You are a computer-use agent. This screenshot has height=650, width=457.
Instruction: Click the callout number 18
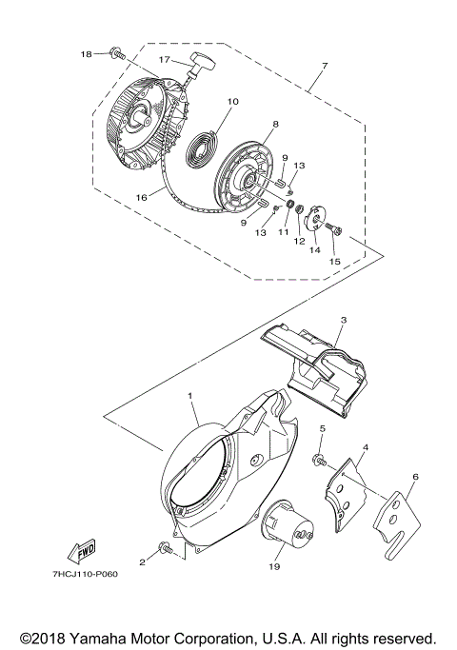coord(88,54)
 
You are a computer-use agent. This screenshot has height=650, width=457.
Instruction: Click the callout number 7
coord(325,66)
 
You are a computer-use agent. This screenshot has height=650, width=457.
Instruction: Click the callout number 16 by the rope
coord(142,198)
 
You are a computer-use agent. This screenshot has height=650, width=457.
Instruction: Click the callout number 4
coord(366,447)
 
